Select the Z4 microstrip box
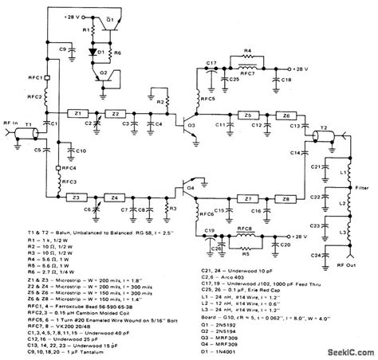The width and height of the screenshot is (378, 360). tap(116, 198)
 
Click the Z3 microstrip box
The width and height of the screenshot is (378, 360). tap(77, 198)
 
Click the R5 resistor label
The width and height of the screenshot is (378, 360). tap(248, 257)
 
